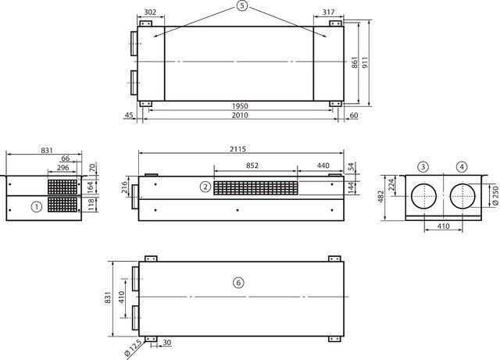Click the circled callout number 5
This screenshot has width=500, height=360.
click(x=242, y=6)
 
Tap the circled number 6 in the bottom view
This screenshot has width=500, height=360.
click(x=238, y=283)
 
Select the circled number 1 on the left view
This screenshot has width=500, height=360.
click(x=37, y=207)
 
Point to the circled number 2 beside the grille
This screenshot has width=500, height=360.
click(x=205, y=187)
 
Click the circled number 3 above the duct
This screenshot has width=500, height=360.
click(x=423, y=167)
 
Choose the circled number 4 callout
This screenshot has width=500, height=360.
click(x=462, y=167)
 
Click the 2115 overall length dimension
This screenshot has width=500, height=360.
click(x=237, y=149)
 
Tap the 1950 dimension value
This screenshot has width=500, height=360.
click(x=240, y=106)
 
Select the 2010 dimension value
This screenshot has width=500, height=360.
click(x=240, y=115)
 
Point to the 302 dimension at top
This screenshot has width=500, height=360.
click(x=150, y=12)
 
